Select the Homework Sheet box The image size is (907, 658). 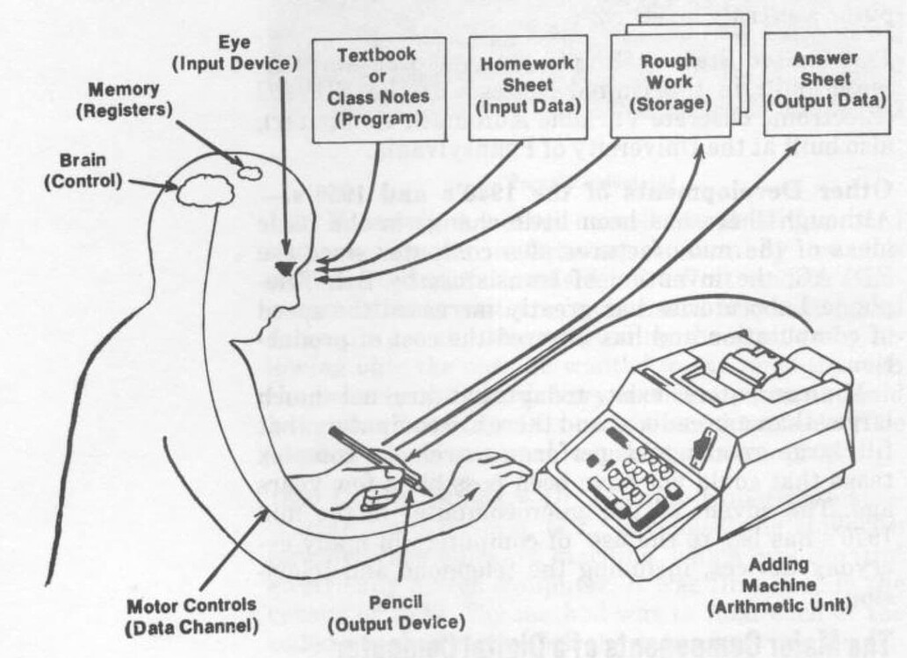pos(528,86)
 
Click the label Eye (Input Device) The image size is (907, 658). pos(234,54)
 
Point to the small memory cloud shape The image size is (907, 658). pos(250,172)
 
